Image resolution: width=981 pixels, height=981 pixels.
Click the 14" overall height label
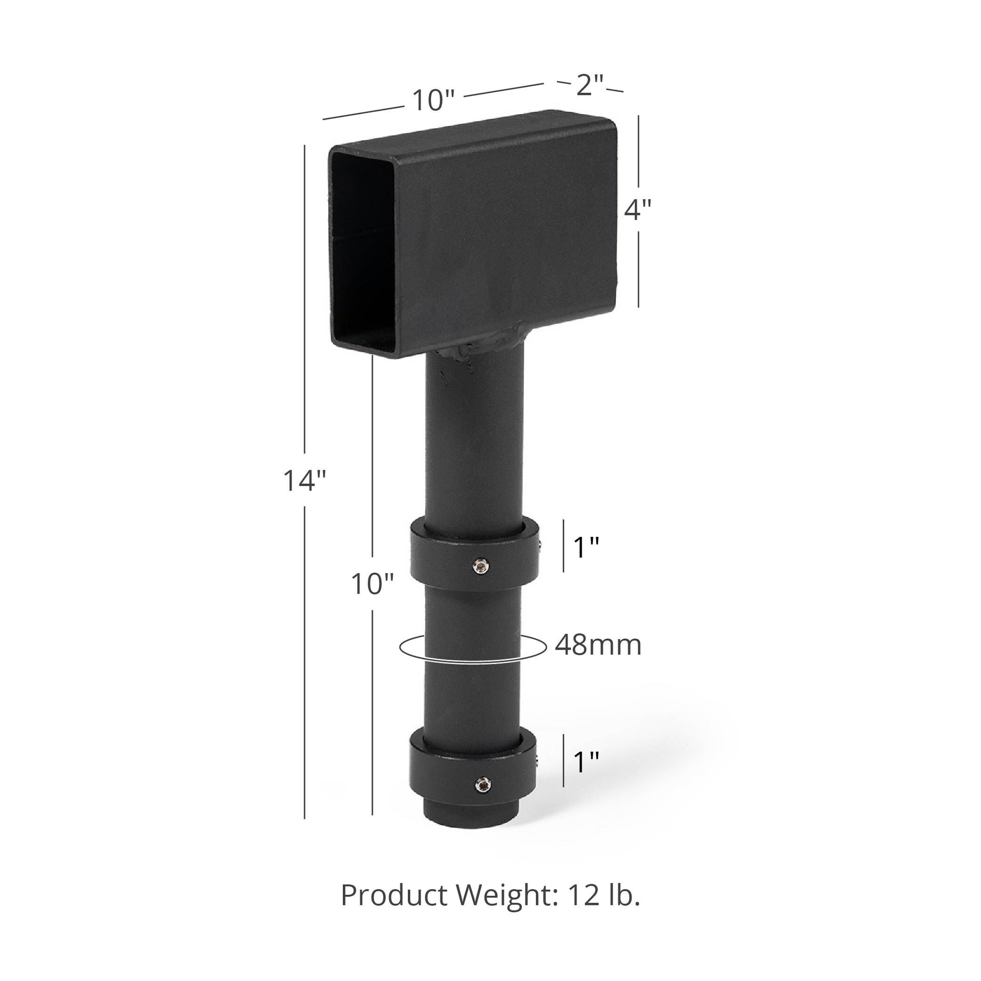click(304, 480)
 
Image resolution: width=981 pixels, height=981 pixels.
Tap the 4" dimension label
click(638, 209)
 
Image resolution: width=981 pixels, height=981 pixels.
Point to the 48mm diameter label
click(598, 645)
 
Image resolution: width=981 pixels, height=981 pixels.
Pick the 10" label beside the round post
click(372, 584)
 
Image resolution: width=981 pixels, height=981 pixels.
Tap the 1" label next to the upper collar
click(586, 547)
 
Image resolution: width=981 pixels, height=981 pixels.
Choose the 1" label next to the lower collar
click(586, 762)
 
